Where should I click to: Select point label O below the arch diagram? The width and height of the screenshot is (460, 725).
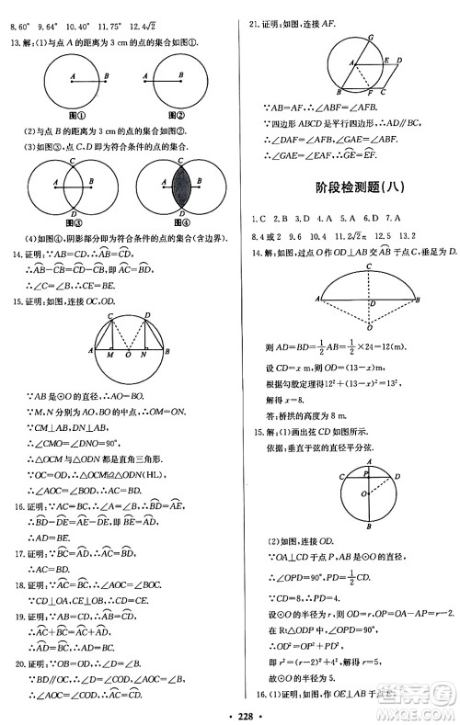368,328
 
